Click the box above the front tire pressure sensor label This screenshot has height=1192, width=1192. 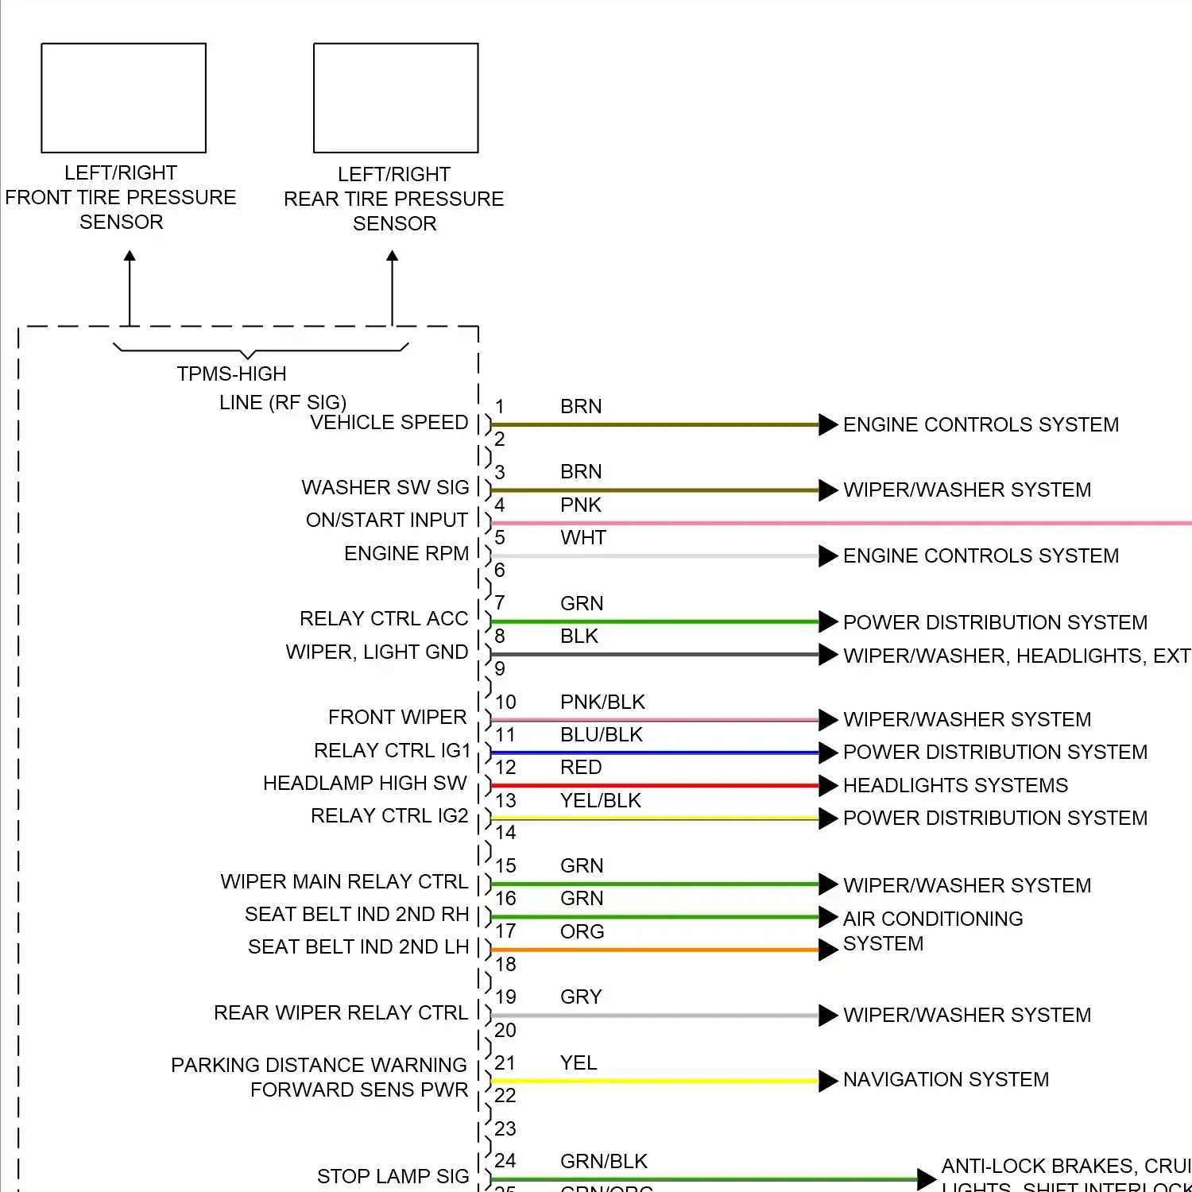pos(123,98)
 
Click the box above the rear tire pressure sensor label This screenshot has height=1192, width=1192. pos(396,98)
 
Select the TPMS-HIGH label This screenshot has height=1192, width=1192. pos(231,373)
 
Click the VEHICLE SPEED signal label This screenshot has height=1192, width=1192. pos(389,423)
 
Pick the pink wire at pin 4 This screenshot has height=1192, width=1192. pos(795,523)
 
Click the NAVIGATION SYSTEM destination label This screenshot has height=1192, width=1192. pos(946,1079)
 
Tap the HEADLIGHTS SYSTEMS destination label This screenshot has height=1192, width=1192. pos(955,785)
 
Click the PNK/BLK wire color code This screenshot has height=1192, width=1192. pos(602,702)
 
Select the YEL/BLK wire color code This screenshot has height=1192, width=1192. pos(600,800)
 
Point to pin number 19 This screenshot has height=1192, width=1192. pos(505,997)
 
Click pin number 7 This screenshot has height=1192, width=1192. pos(500,603)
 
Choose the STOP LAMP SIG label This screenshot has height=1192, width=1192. pos(393,1176)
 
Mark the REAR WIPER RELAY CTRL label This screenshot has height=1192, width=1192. pos(341,1012)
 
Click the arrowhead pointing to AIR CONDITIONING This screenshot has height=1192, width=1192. pos(828,917)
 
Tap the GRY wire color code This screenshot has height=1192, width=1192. pos(581,997)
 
